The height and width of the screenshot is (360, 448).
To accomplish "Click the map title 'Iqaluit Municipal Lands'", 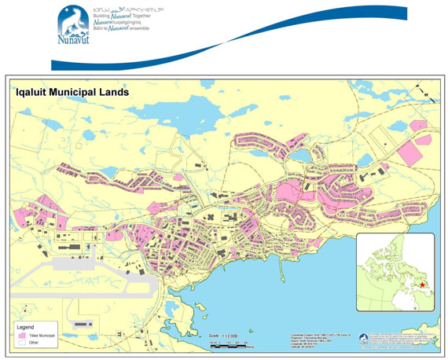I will pos(72,92).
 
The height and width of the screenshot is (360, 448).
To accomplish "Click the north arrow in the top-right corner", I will pos(427,94).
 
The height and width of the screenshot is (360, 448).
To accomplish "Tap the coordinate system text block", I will pos(310,340).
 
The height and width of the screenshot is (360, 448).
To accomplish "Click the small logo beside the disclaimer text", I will pos(363,339).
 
